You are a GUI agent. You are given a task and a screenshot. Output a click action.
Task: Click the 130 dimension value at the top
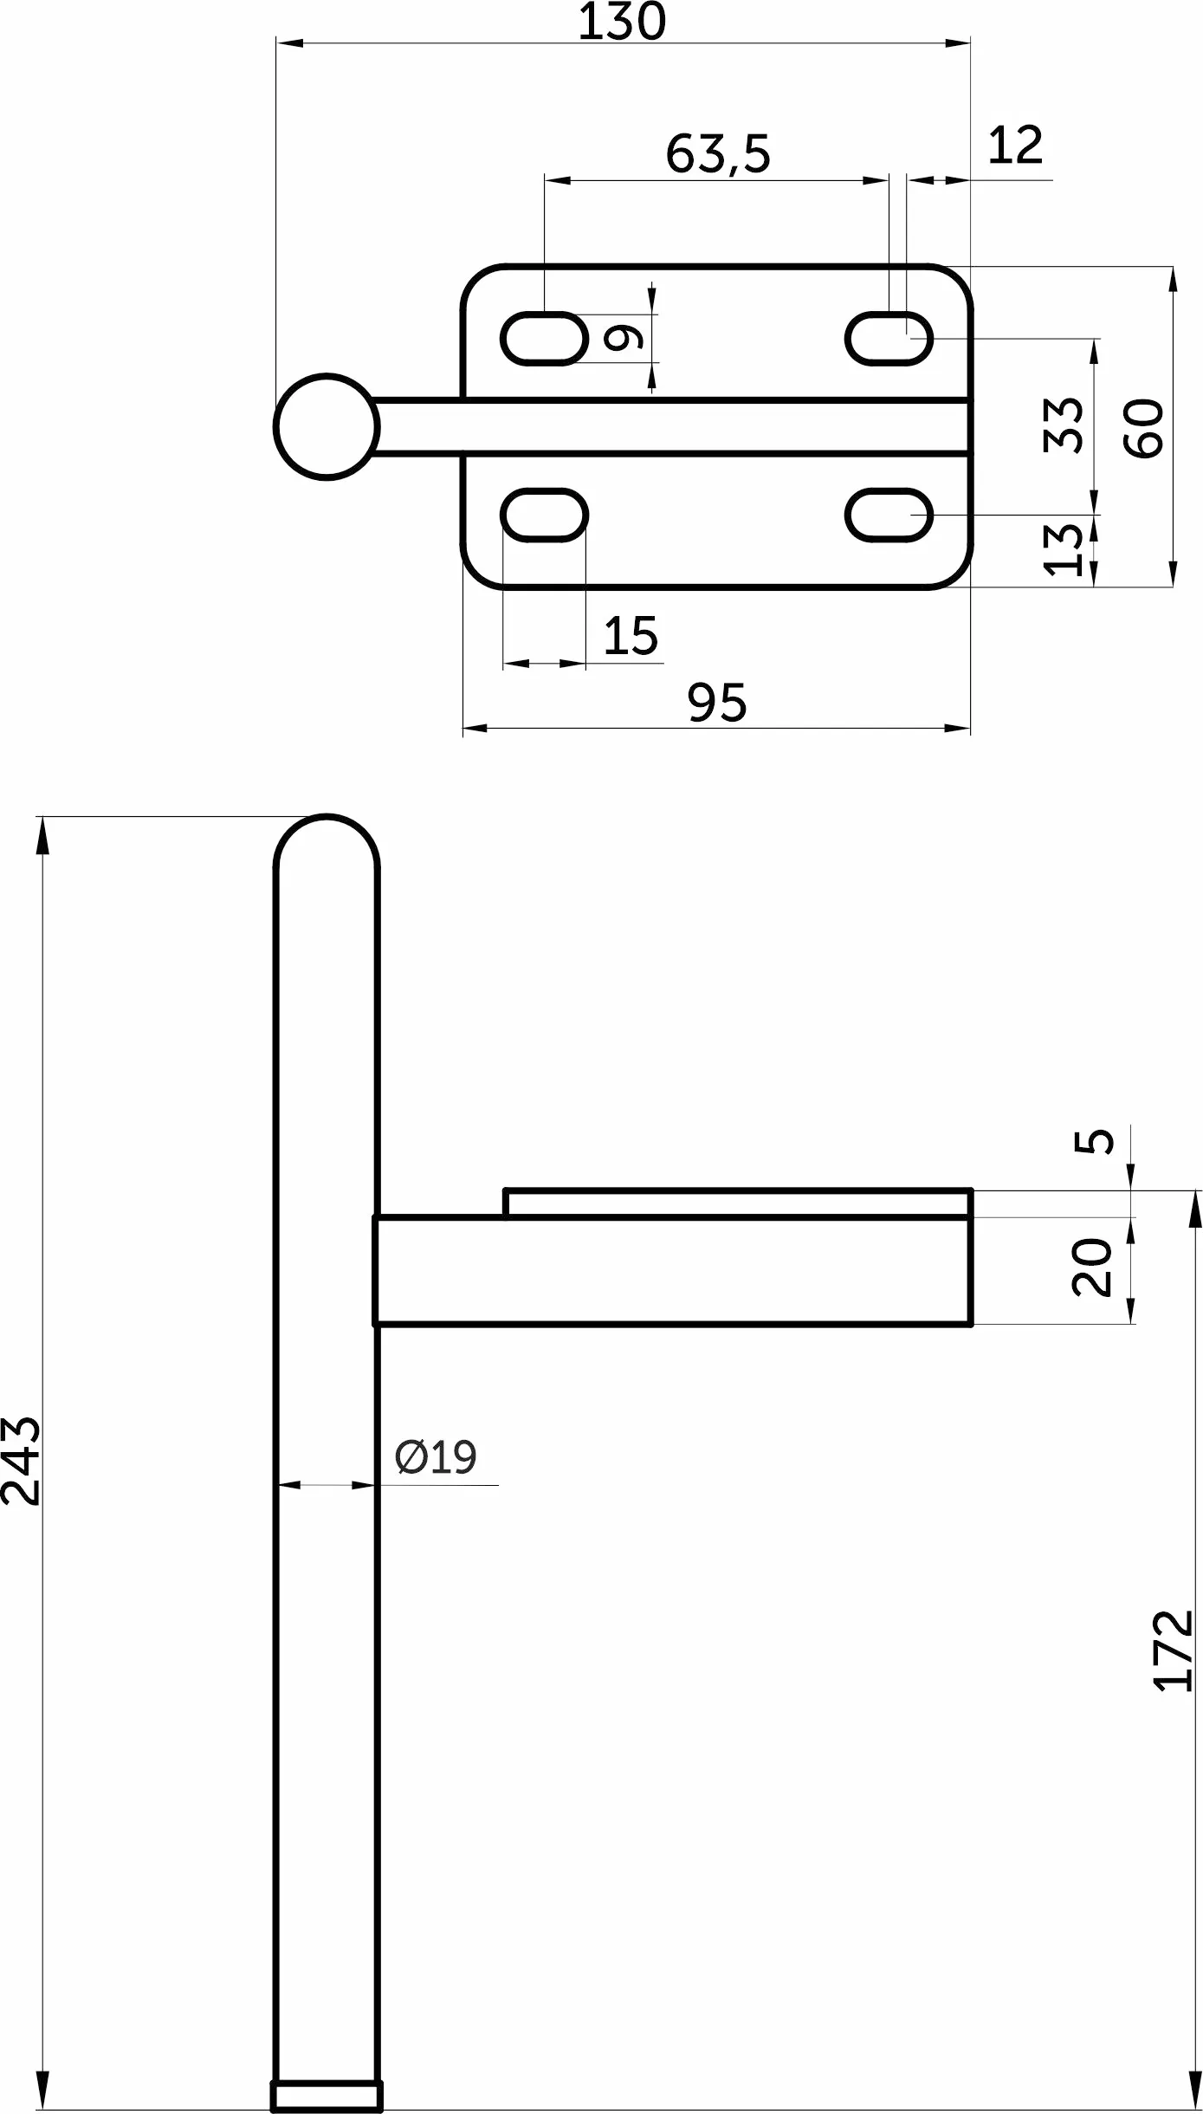(622, 22)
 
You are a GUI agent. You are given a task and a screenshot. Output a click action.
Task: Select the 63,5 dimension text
(718, 153)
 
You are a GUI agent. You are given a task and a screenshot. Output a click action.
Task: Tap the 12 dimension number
(1015, 146)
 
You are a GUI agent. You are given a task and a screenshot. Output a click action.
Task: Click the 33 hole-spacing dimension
(1064, 425)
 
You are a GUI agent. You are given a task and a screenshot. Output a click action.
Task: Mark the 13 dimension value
(1064, 549)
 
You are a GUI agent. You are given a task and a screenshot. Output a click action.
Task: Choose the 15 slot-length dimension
(631, 636)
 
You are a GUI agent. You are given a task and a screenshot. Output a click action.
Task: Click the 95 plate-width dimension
(717, 703)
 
